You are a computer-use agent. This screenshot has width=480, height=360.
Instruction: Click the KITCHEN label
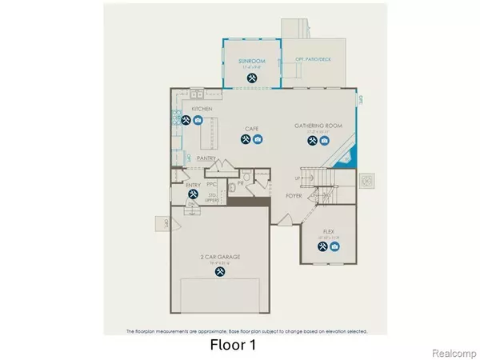(x=202, y=108)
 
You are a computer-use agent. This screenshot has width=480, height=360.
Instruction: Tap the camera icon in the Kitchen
(x=199, y=121)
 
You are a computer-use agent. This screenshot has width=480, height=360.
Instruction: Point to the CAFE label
(x=251, y=127)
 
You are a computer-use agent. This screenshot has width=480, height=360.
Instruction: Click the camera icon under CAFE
(x=258, y=140)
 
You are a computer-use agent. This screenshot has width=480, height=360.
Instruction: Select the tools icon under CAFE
(x=245, y=140)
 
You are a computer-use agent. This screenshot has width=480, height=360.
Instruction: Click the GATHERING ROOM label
(x=317, y=127)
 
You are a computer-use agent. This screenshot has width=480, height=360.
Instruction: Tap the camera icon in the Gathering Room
(x=325, y=141)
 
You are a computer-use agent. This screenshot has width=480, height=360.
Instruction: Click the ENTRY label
(x=192, y=185)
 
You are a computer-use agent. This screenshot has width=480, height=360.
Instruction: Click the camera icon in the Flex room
(x=334, y=246)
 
